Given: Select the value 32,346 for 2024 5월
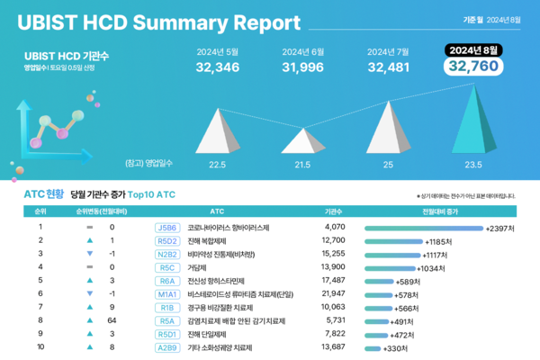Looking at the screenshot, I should click(x=217, y=67).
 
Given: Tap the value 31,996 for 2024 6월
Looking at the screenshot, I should click(x=302, y=67).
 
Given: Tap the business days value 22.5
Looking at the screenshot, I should click(x=217, y=165).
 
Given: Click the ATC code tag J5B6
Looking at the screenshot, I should click(x=167, y=228).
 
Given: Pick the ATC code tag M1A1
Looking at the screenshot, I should click(x=167, y=294).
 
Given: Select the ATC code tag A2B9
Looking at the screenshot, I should click(x=167, y=347).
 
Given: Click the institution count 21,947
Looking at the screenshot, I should click(x=334, y=294).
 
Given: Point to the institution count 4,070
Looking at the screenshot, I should click(x=334, y=228).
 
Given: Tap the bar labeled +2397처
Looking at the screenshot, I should click(x=423, y=229).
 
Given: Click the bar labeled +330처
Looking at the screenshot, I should click(x=373, y=347).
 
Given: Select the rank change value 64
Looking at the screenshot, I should click(x=111, y=320).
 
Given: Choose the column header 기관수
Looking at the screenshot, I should click(x=334, y=211).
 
